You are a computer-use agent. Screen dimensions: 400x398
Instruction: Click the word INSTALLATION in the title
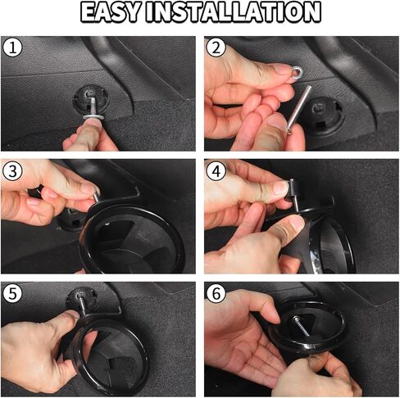coord(234,12)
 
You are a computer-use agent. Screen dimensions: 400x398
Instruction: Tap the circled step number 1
coord(12,48)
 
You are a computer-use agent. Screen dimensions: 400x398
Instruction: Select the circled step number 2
coord(216,48)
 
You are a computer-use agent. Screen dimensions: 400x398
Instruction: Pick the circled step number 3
coord(12,171)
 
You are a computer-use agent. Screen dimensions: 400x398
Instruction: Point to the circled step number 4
coord(216,171)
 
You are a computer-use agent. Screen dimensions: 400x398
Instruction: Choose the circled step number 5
coord(12,294)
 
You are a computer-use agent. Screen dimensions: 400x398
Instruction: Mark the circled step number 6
coord(216,294)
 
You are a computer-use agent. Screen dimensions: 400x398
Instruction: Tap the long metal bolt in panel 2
coord(301,108)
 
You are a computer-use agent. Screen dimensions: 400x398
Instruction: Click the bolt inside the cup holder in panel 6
coord(301,326)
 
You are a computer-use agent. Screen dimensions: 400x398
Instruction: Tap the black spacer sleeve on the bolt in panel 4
coord(293,188)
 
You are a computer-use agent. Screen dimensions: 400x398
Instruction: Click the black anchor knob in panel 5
coord(82,297)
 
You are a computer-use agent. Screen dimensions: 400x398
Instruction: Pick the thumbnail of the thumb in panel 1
coord(93,124)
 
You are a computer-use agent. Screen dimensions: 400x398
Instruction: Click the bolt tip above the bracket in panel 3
coord(97,197)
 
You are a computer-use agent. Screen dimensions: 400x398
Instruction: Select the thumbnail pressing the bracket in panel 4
coord(297,222)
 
